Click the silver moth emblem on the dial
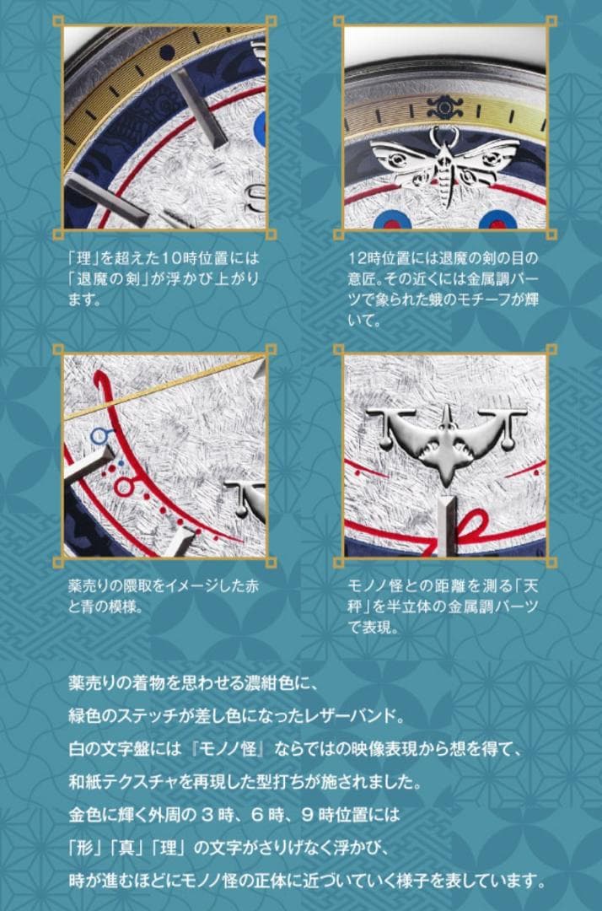443,158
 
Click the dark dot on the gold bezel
166,51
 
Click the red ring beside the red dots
126,487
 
